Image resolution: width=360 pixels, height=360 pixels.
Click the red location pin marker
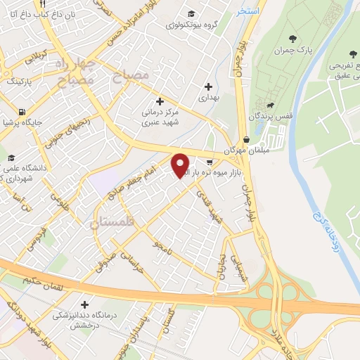pyautogui.click(x=181, y=165)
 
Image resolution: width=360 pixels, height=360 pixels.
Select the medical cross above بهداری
pyautogui.click(x=208, y=86)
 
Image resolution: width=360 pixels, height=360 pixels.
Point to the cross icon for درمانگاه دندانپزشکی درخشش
pyautogui.click(x=85, y=304)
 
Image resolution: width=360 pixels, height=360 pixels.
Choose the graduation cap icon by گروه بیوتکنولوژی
pyautogui.click(x=191, y=13)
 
